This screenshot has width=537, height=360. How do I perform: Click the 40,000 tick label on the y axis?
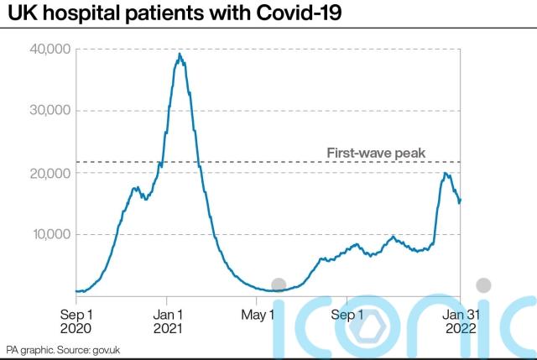[x=51, y=50]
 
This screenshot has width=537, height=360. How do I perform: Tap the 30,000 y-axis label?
[x=51, y=111]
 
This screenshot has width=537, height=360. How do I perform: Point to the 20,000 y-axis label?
[x=51, y=173]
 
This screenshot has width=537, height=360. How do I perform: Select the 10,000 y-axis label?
[x=51, y=234]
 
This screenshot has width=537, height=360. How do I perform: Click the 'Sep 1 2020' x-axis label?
[x=76, y=322]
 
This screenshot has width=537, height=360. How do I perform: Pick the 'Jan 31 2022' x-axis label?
[x=460, y=322]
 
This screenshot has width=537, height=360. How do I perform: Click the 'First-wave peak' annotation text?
[x=376, y=153]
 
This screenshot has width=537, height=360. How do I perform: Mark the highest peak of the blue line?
[x=180, y=55]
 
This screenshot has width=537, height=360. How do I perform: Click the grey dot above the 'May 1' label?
[x=279, y=285]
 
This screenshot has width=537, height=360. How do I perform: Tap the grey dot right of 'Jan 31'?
[x=482, y=285]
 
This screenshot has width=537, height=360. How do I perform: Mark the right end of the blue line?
[x=460, y=200]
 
